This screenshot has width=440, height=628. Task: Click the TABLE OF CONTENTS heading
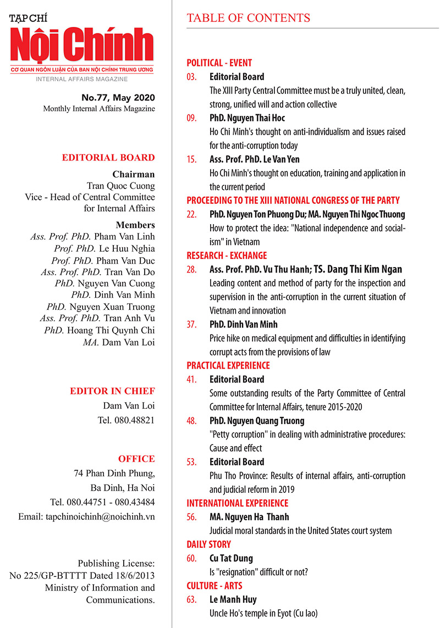coord(248,18)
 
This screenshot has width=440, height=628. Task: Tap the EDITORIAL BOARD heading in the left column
coord(108,158)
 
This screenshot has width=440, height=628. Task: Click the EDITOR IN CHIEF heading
coord(112,391)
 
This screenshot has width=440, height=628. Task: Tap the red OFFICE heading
coord(136,459)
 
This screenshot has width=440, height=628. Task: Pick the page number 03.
coord(191,77)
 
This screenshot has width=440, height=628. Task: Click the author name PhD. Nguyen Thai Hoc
coord(247,118)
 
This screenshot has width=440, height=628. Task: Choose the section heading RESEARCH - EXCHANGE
coord(227,255)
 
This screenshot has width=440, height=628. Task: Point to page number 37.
coord(191,324)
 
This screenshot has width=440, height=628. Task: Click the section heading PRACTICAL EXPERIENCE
coord(228,365)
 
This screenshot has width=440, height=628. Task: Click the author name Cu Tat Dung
coord(231,558)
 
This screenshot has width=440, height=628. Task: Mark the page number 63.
coord(191,599)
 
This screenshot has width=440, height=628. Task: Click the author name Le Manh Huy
coord(232,599)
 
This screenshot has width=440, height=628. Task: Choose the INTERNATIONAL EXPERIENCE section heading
coord(237,503)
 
